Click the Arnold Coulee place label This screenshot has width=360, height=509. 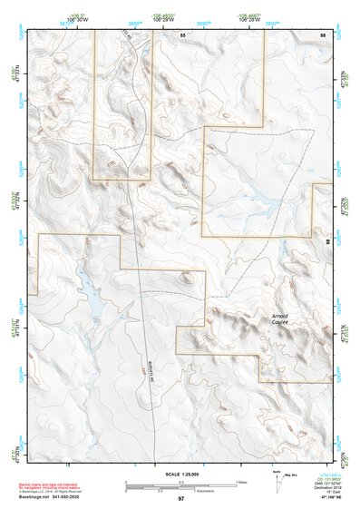coord(280,320)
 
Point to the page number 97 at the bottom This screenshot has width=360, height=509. coord(181,499)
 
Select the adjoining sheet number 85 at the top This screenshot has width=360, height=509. coord(181,34)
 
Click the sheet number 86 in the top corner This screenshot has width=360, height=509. coord(323,34)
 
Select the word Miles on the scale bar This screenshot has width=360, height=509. coord(240,482)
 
